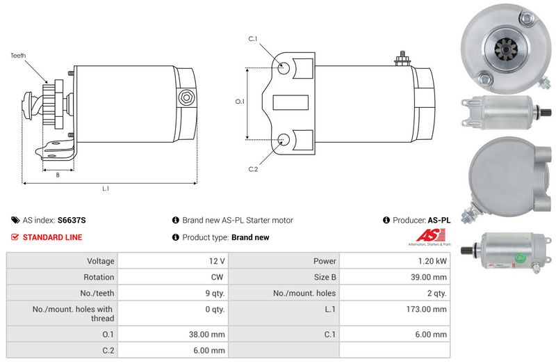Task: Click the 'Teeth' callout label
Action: pos(18,56)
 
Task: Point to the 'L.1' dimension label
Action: pos(106,189)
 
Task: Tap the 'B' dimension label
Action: pos(58,175)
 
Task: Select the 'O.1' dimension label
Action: pos(240,102)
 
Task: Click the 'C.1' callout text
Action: pos(253,39)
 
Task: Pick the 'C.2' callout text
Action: pos(253,169)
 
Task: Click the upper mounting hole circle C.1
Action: pos(284,68)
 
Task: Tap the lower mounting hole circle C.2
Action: pos(284,140)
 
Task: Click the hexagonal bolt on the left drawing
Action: pos(186,97)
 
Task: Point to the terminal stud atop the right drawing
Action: pos(402,59)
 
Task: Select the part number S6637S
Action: pos(72,220)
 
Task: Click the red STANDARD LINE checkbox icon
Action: pos(15,237)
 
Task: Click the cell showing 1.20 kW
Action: pos(395,261)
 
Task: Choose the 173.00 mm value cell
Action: pos(395,313)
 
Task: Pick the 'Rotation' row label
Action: pos(99,277)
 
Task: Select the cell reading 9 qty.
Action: pos(173,293)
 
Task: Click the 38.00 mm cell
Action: pos(173,334)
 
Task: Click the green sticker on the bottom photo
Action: pos(521,258)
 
